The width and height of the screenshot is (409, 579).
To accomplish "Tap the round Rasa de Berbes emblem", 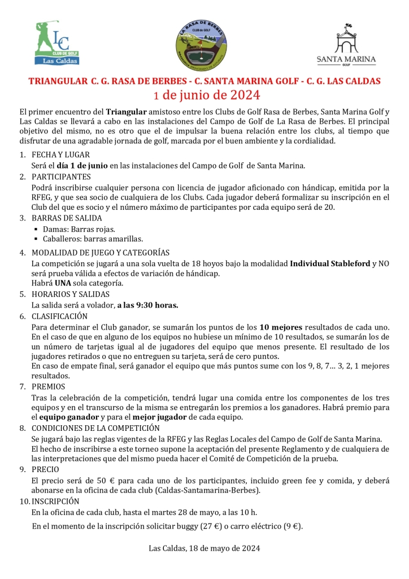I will (x=204, y=45).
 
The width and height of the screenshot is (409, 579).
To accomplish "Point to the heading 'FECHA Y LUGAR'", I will (x=60, y=155).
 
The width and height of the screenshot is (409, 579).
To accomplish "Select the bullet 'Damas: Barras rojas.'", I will (x=82, y=229).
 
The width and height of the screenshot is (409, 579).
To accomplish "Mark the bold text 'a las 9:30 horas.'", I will (x=147, y=305).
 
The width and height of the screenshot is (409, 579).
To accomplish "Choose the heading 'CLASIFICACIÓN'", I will (x=60, y=317).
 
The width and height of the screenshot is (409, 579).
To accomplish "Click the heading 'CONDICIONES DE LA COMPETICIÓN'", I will (x=95, y=428).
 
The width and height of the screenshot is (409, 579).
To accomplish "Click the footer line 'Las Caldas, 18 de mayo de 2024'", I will (x=204, y=548).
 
